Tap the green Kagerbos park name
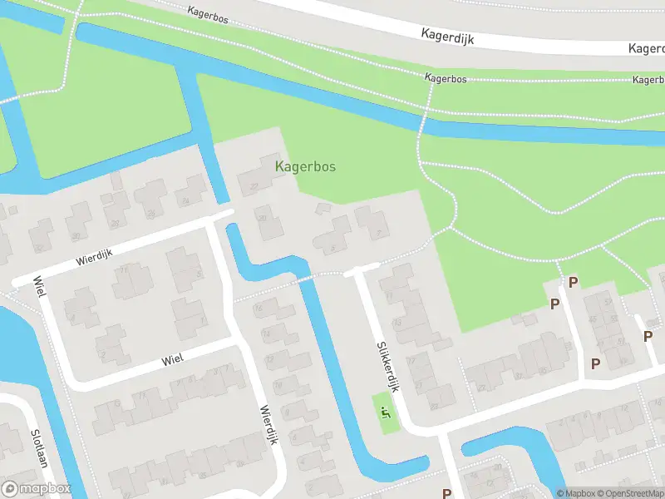[305, 166]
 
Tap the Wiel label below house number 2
[172, 357]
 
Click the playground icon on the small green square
[385, 409]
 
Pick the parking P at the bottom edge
[446, 492]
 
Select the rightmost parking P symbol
[648, 336]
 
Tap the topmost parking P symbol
[573, 282]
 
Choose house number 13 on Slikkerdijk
[397, 322]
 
